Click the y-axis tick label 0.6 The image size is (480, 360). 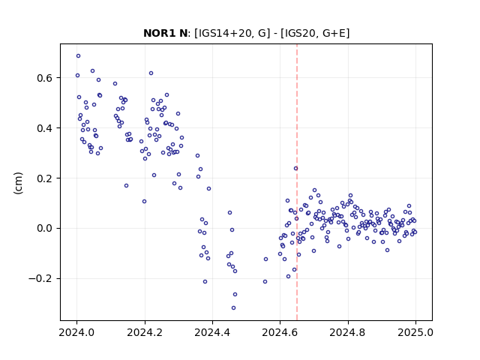[x=45, y=78]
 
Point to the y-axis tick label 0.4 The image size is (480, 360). [x=45, y=128]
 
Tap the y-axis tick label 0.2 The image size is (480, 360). [x=45, y=178]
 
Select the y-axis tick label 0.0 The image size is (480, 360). [x=45, y=229]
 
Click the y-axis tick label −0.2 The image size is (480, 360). [x=40, y=279]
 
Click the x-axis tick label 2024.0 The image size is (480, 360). [x=76, y=332]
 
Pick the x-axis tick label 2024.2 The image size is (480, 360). [x=145, y=332]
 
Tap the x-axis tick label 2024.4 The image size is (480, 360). [x=212, y=332]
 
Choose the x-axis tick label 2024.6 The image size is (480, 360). [x=280, y=332]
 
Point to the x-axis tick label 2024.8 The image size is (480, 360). [x=348, y=332]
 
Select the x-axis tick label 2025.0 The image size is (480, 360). [x=415, y=332]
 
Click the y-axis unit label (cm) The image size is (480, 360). [x=18, y=183]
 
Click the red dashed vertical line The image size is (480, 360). [x=297, y=182]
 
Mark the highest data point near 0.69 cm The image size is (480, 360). [x=78, y=56]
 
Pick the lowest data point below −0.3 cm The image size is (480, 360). [x=233, y=308]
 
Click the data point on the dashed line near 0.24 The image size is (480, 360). [x=295, y=168]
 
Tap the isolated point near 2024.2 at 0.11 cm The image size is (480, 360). [x=145, y=202]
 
